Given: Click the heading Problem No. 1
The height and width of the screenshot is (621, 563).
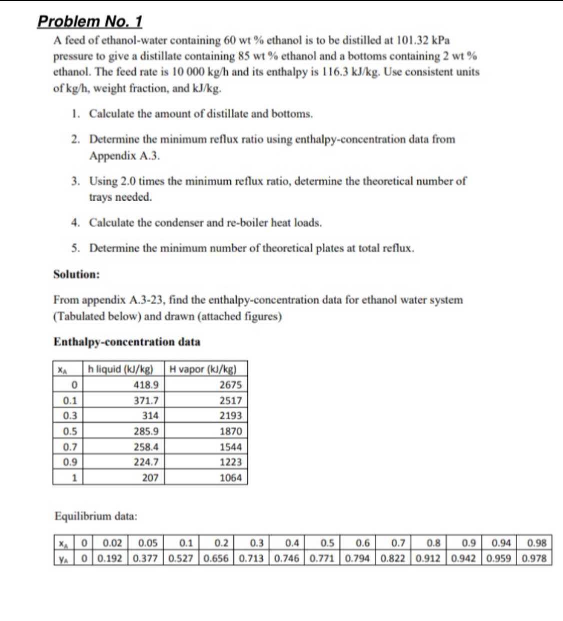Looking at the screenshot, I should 90,22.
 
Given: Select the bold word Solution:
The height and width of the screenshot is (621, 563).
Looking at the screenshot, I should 77,274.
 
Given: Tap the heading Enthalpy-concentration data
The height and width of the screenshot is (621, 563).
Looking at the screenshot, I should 127,342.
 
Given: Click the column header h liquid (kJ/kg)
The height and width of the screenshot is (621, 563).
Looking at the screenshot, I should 120,369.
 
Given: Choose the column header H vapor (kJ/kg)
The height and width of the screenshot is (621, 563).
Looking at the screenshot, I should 203,369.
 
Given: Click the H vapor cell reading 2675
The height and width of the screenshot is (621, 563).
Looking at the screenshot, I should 230,385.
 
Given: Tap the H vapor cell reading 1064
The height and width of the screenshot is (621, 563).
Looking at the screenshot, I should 230,478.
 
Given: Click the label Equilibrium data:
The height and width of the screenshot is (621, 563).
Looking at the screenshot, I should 96,516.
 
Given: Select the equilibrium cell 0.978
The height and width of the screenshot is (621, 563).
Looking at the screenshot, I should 534,558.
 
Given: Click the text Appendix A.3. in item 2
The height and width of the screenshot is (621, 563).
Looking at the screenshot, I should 125,156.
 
